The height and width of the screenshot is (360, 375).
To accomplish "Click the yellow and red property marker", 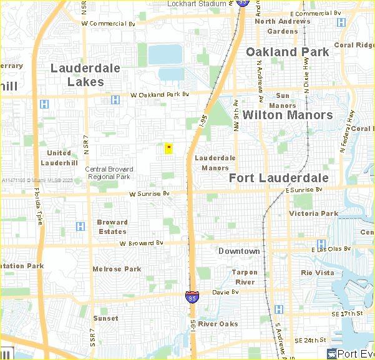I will tap(168, 148).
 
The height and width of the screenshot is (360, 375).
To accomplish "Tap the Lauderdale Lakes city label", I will tap(85, 74).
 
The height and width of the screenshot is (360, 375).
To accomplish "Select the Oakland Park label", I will tap(287, 52).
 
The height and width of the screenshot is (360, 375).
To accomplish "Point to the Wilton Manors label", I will tap(288, 115).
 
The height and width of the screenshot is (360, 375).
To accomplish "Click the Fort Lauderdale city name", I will tap(278, 178).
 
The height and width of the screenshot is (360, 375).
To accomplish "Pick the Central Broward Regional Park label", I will tap(108, 172).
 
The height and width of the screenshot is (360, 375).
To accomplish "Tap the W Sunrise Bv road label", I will tap(149, 194).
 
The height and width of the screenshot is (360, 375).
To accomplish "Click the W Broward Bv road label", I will tap(141, 243).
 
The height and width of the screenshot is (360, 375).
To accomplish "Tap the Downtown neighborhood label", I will tap(239, 251).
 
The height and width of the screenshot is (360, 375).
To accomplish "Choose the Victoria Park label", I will tap(313, 213).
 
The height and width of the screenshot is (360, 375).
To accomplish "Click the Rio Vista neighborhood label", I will tap(318, 273).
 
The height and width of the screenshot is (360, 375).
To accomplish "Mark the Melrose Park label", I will tap(117, 269).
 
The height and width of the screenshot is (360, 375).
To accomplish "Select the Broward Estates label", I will tap(112, 226).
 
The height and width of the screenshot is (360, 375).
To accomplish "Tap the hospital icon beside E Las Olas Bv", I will tap(321, 244).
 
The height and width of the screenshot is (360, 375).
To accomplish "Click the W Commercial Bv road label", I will tap(109, 23).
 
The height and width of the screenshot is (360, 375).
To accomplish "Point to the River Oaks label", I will tap(218, 324).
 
